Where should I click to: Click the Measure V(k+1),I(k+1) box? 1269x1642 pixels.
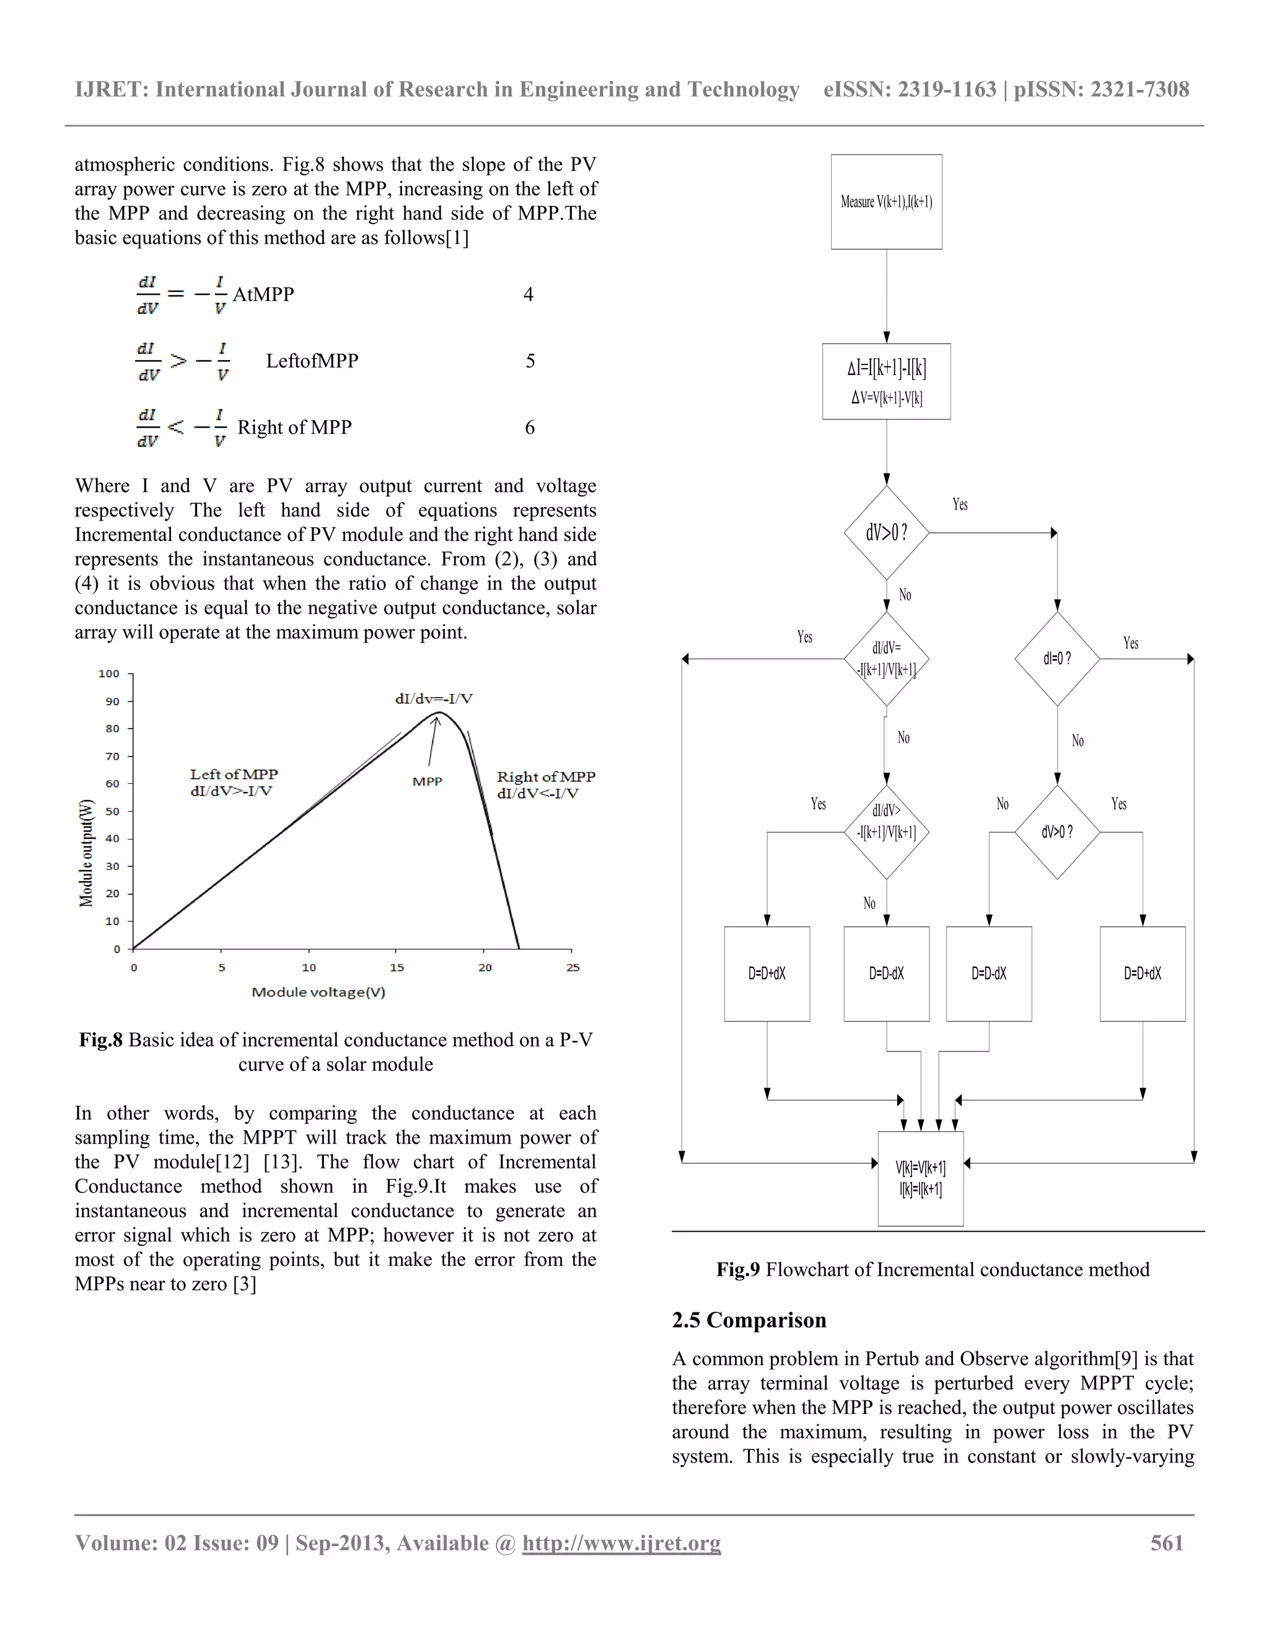click(x=885, y=201)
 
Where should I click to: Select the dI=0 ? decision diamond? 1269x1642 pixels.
click(x=1057, y=659)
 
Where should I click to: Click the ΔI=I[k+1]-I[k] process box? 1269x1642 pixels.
click(x=885, y=381)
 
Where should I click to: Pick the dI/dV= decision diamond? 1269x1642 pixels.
click(x=885, y=659)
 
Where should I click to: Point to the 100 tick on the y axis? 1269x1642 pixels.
click(x=109, y=674)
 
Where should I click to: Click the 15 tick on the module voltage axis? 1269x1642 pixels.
click(x=397, y=968)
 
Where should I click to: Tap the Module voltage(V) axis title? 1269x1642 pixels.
click(x=318, y=993)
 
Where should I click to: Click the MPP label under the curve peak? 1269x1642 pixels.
click(x=427, y=782)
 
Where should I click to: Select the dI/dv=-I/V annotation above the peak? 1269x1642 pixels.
click(x=434, y=699)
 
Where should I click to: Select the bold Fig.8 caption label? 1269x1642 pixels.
click(x=101, y=1040)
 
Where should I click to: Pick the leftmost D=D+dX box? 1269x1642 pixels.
click(x=767, y=973)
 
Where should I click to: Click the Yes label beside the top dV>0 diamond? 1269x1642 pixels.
click(x=960, y=504)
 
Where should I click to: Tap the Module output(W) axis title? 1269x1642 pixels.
click(x=87, y=853)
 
